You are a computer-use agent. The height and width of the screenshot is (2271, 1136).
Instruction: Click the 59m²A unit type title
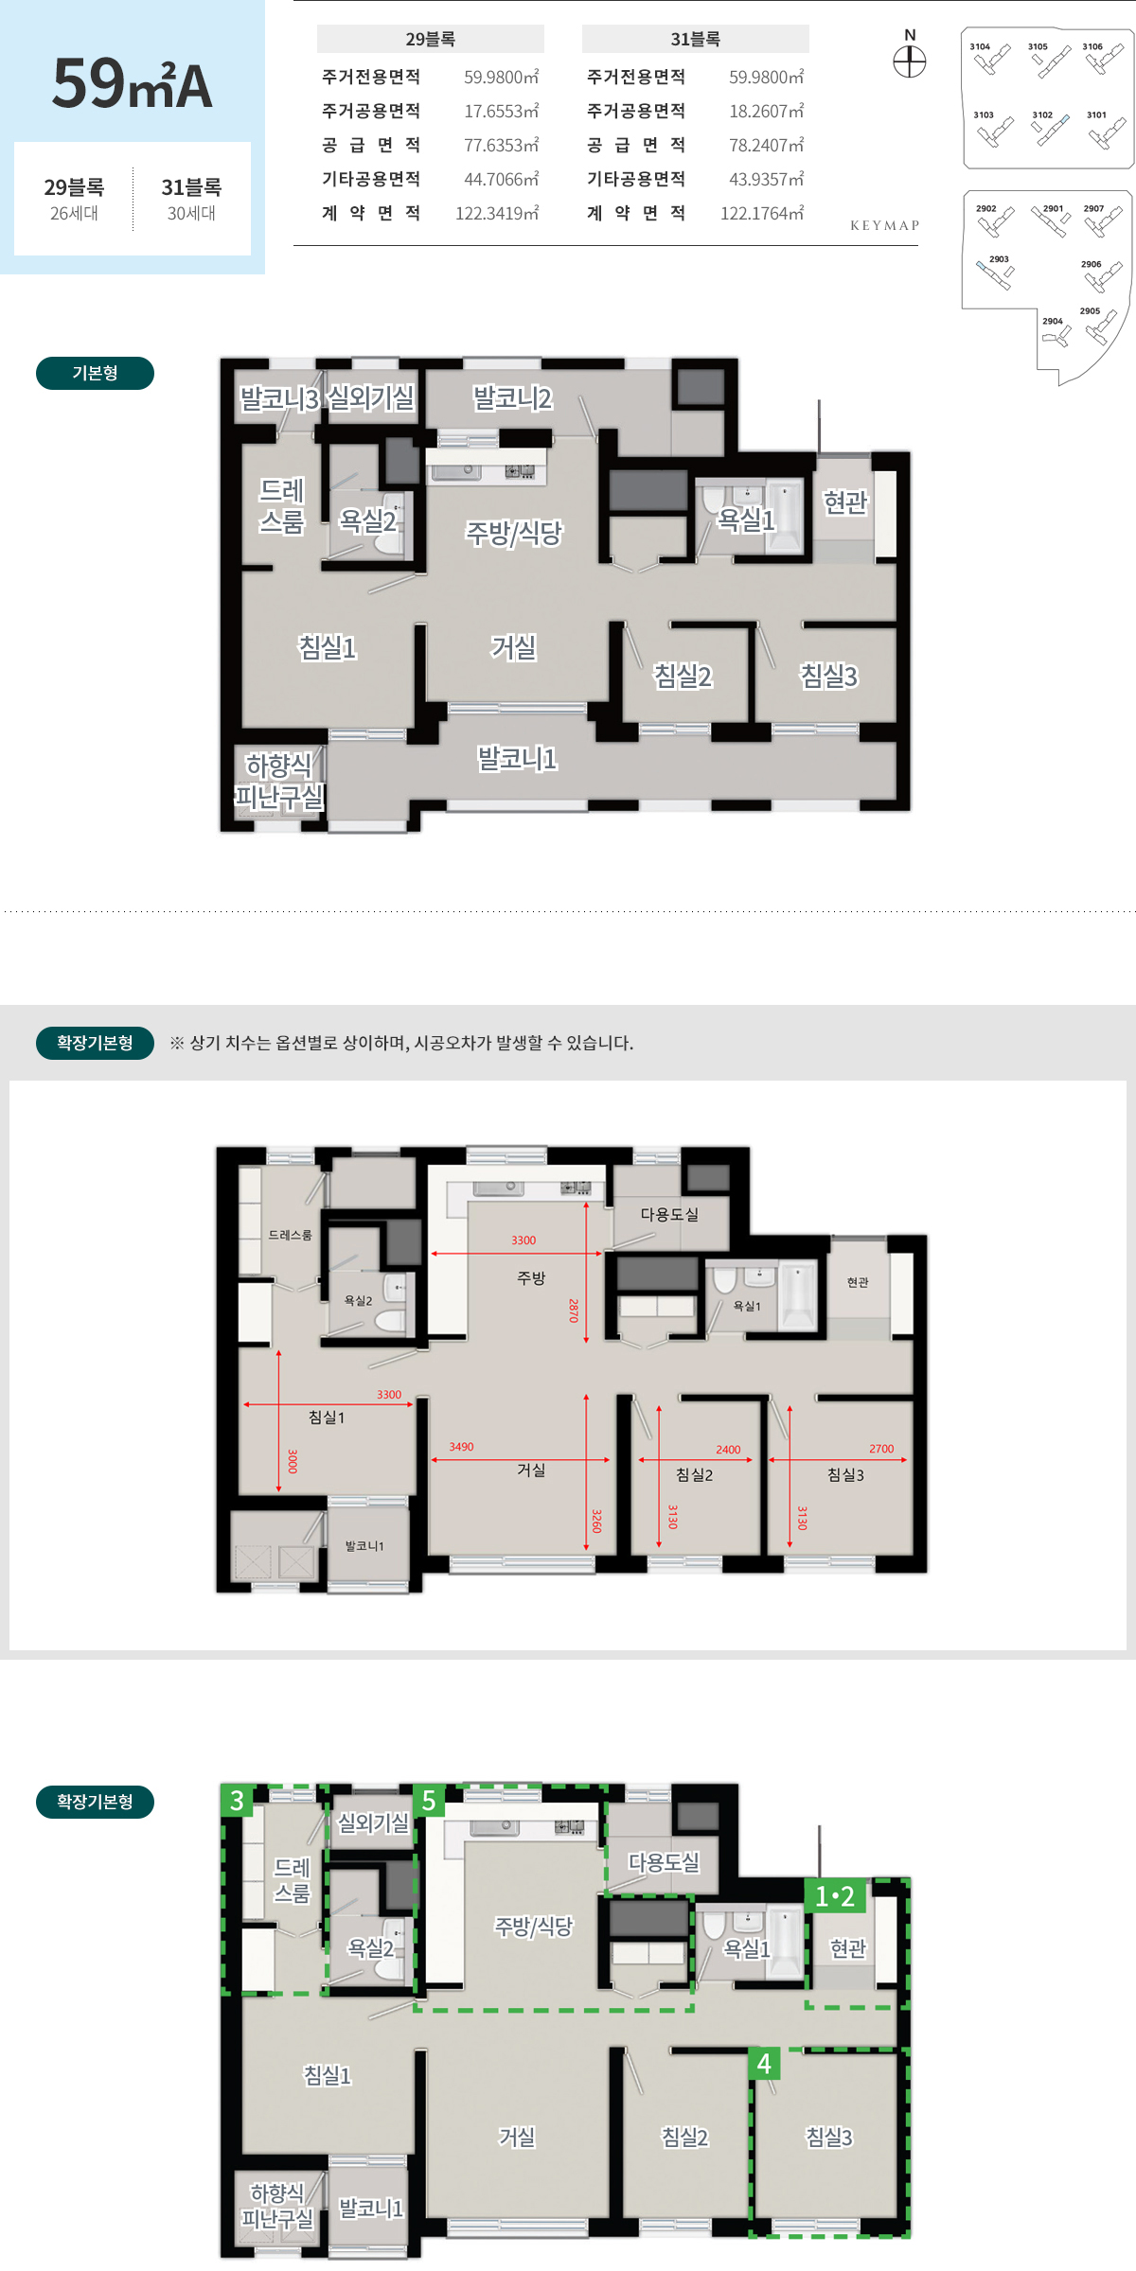coord(133,83)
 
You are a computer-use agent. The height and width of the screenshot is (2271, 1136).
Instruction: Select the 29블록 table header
coord(431,39)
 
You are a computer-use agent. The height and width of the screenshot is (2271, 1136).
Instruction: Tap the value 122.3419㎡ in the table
coord(497,213)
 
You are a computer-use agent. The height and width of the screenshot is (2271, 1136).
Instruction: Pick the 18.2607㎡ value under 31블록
coord(766,111)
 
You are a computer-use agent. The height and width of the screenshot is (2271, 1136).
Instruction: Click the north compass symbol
coord(910,62)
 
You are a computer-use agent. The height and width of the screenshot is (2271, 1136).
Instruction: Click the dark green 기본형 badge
coord(95,373)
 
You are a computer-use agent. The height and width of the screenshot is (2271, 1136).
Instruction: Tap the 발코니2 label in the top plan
coord(512,398)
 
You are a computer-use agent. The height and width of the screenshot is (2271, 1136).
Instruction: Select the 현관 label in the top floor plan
coord(845,502)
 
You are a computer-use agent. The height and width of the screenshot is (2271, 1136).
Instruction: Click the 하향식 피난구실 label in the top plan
coord(279,781)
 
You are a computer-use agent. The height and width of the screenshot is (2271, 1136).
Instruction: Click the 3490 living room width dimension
coord(461,1447)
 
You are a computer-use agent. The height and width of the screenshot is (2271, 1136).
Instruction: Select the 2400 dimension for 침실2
coord(728,1450)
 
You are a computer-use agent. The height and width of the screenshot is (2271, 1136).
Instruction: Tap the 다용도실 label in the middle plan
coord(669,1214)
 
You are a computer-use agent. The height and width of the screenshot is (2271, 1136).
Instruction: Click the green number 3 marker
coord(237,1800)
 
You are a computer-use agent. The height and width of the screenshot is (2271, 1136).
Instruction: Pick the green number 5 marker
coord(429,1800)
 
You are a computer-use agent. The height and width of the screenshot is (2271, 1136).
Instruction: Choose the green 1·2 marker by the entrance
coord(835,1896)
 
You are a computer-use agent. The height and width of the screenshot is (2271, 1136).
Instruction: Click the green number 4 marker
coord(764,2064)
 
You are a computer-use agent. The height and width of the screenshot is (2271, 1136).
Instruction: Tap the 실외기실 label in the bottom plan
coord(373,1822)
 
